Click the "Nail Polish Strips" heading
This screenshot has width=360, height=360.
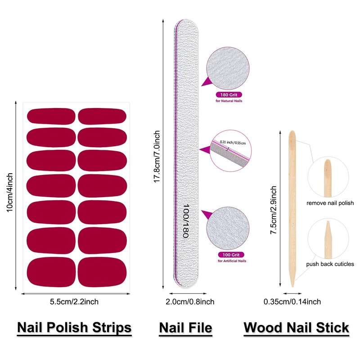tap(74, 327)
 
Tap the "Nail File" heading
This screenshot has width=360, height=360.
tap(185, 327)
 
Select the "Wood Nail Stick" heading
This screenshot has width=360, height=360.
tap(297, 327)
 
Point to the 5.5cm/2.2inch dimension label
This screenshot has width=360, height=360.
tap(74, 301)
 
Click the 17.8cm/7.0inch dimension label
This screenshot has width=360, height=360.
tap(157, 155)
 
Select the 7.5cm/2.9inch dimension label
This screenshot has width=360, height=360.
tap(273, 209)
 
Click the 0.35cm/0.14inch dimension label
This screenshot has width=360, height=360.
tap(292, 301)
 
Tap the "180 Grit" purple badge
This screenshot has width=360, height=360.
tap(229, 95)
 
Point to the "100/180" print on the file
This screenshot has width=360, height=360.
tap(185, 220)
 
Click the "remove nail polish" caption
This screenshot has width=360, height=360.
tap(330, 203)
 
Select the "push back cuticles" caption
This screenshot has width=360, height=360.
tap(330, 264)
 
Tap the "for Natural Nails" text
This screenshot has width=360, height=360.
tap(229, 102)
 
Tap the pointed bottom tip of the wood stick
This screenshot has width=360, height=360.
tap(292, 284)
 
